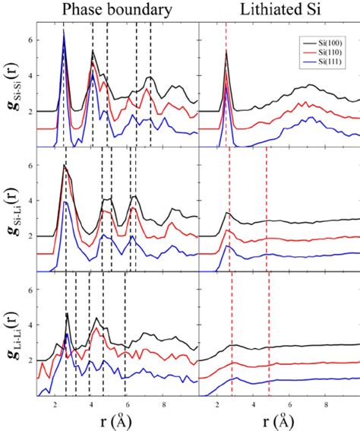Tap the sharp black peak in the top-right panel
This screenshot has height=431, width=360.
pyautogui.click(x=226, y=52)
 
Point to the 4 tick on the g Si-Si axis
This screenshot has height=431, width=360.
pyautogui.click(x=29, y=74)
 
